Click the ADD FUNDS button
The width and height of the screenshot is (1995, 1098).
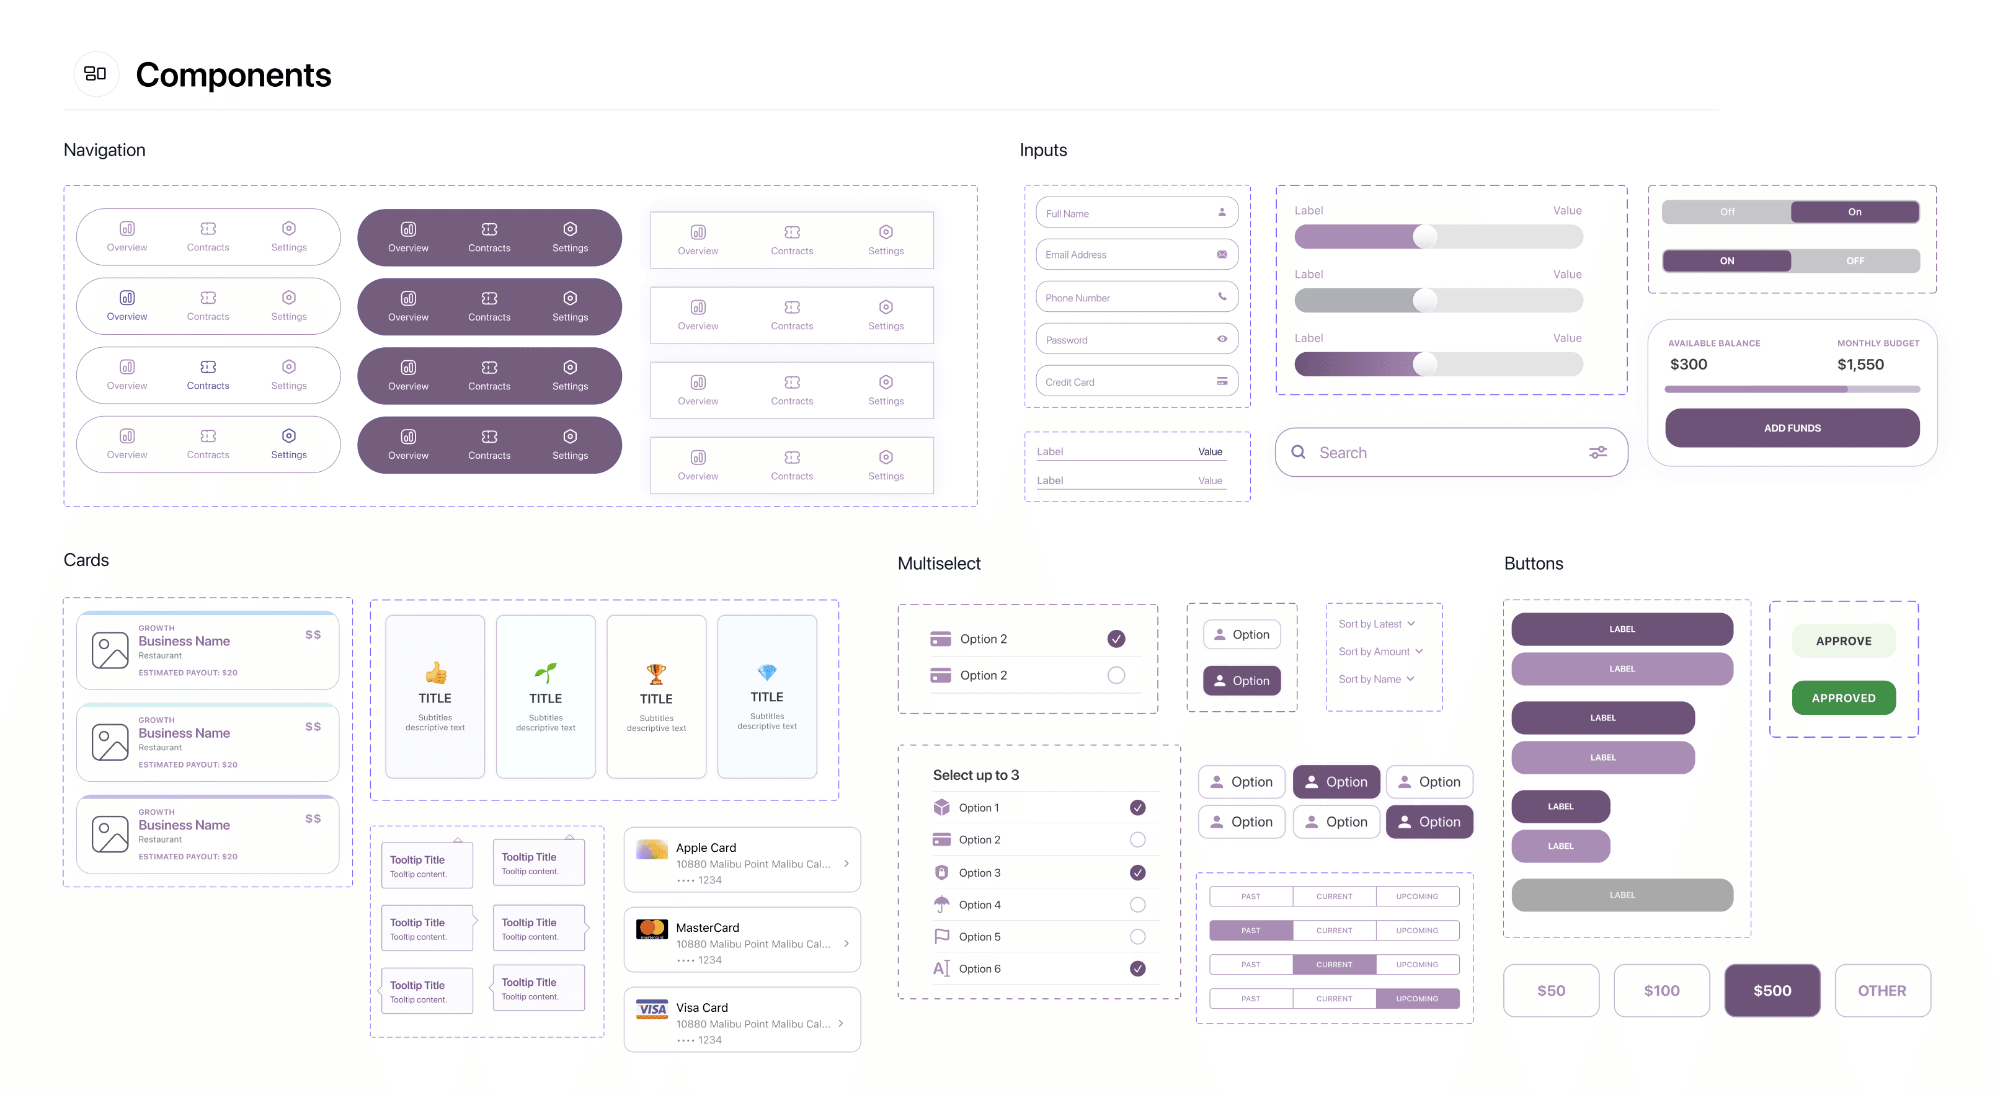tap(1792, 428)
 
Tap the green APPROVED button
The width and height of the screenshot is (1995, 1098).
tap(1843, 697)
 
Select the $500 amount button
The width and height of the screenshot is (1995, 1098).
tap(1772, 990)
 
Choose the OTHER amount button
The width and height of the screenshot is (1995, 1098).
tap(1882, 990)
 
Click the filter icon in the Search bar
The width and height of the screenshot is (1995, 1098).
tap(1597, 452)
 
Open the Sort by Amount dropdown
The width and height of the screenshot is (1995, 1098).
tap(1380, 651)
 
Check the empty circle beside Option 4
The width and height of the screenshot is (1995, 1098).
tap(1137, 905)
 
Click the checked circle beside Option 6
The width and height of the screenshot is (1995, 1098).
tap(1137, 968)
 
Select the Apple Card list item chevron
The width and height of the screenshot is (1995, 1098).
tap(846, 864)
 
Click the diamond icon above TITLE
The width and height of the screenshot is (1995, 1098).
tap(766, 671)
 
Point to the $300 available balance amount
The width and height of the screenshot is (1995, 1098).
tap(1688, 365)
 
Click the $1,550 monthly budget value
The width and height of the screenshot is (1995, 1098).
tap(1860, 365)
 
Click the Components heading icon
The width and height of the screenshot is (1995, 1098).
tap(96, 74)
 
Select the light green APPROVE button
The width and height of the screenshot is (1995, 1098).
tap(1843, 641)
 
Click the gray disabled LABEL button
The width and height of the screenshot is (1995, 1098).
tap(1622, 895)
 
